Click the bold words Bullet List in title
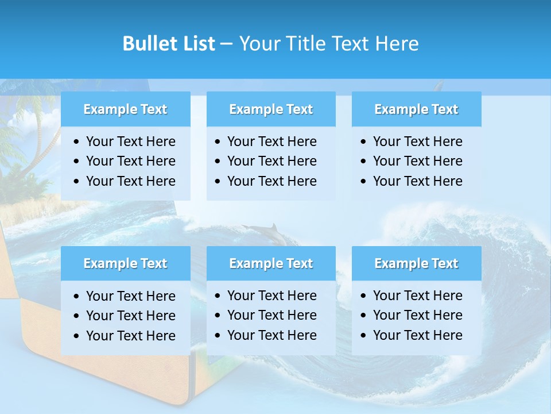(169, 44)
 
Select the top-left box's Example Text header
(125, 109)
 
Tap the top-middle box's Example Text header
(271, 109)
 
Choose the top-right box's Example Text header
(416, 109)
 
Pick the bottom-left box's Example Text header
(125, 263)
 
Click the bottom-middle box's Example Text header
(271, 263)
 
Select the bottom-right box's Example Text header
(416, 263)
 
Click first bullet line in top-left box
(130, 141)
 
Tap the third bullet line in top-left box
(130, 181)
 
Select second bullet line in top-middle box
(271, 161)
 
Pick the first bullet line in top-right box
(417, 141)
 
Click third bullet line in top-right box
(417, 181)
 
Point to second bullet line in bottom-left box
(130, 316)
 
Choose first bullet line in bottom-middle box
(271, 296)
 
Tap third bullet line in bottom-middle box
(271, 335)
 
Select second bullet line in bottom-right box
(417, 315)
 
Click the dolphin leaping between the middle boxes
(263, 232)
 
